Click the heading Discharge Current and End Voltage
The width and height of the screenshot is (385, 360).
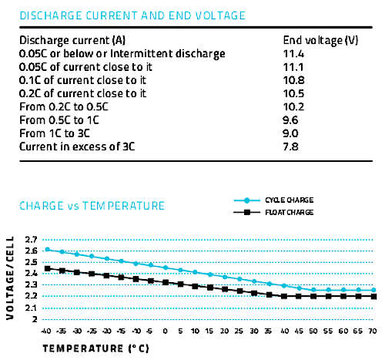pos(132,15)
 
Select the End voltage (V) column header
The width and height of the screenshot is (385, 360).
pos(320,41)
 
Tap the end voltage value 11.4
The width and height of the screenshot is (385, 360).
pos(293,54)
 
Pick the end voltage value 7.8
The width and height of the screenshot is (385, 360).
pos(291,146)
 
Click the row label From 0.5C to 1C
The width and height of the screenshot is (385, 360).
pos(59,120)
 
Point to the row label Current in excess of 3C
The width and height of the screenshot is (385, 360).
pos(77,146)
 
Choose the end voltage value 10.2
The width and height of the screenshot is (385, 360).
pos(293,106)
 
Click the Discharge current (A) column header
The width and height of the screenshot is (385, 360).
pos(72,41)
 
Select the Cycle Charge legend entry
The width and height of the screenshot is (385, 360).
pos(273,200)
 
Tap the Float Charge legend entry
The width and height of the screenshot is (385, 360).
pos(273,213)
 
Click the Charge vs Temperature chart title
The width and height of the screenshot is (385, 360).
pos(92,206)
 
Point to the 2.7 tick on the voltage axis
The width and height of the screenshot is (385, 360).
pos(31,240)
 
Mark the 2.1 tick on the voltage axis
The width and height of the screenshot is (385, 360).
pos(31,308)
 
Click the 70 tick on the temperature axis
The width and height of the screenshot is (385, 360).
pos(373,331)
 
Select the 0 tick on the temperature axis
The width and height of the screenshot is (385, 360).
pos(166,331)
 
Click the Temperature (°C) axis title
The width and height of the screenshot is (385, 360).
pos(95,348)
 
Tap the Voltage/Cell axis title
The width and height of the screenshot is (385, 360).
pos(10,278)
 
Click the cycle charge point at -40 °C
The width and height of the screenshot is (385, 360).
pos(48,249)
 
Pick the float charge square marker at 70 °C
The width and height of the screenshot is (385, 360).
pos(373,296)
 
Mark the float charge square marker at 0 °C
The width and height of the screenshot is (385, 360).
pos(166,282)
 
